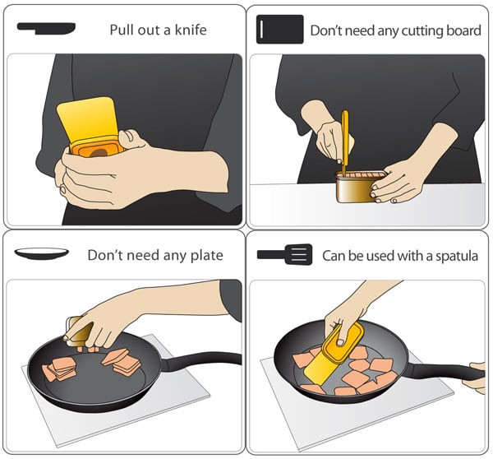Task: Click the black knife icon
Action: click(47, 28)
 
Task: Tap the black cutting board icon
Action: click(280, 30)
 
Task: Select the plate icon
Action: click(42, 253)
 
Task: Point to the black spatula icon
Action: click(285, 254)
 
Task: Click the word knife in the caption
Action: click(191, 30)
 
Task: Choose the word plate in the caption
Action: click(207, 255)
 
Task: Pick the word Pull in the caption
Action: click(121, 30)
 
